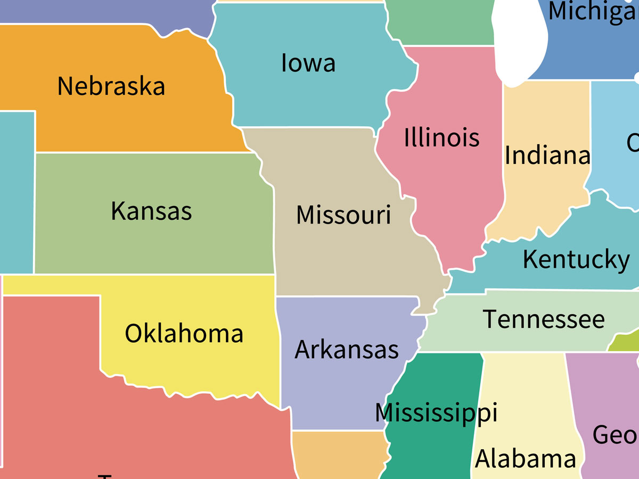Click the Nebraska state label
[x=111, y=86]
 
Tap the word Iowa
[x=308, y=63]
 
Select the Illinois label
[x=441, y=138]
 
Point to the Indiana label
[x=547, y=155]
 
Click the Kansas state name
[x=151, y=211]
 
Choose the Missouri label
[x=343, y=215]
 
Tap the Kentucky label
[x=576, y=260]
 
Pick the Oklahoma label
[x=184, y=334]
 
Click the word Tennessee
[x=544, y=319]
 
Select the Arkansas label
[x=347, y=350]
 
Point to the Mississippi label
[x=436, y=413]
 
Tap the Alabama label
[x=525, y=459]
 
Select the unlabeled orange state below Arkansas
[x=338, y=455]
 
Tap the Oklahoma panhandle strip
[x=53, y=285]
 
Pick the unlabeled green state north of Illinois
[x=439, y=21]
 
